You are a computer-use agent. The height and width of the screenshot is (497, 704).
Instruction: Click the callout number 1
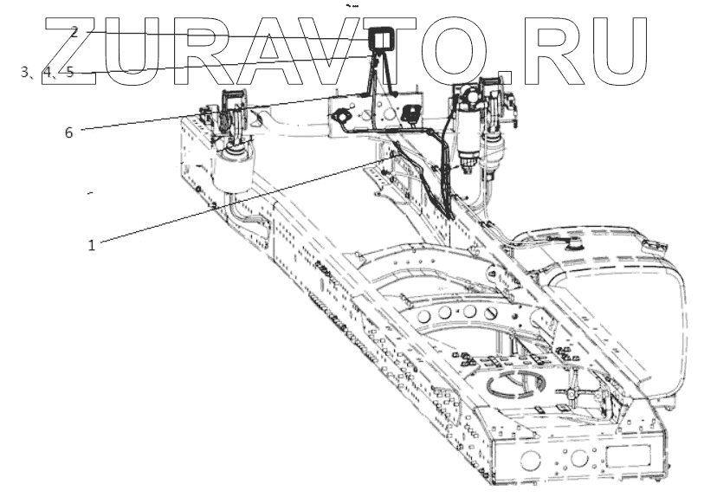coord(91,245)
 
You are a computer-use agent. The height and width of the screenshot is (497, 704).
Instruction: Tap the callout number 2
coord(75,32)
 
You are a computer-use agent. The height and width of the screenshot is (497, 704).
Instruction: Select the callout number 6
coord(68,132)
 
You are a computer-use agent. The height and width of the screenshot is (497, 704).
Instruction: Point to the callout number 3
coord(25,72)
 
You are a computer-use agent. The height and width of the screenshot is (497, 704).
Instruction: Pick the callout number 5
coord(70,72)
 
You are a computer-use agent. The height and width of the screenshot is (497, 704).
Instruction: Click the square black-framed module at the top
coord(380,40)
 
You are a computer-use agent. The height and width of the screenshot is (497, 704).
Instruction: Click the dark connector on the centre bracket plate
coord(410,113)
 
